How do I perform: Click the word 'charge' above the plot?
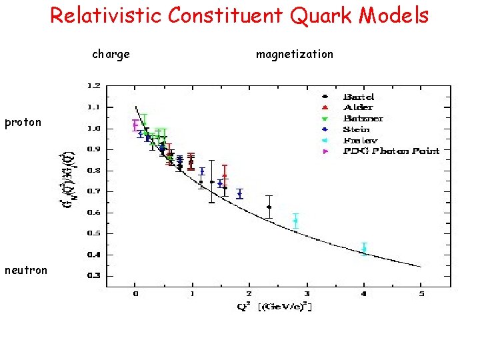point(111,54)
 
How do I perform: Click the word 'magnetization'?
point(294,54)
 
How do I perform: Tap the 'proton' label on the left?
point(23,122)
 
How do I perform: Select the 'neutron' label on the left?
point(25,270)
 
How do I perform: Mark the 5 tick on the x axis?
point(421,293)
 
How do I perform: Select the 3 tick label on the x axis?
point(307,293)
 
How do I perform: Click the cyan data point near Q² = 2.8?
point(295,221)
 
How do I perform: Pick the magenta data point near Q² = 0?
point(135,124)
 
